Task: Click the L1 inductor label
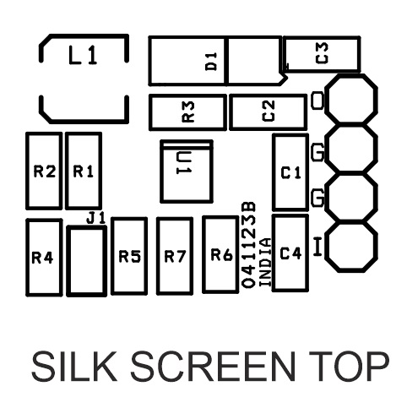(x=83, y=55)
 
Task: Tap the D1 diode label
(x=211, y=62)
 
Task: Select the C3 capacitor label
(x=322, y=53)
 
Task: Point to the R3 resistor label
(x=188, y=112)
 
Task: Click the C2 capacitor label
(x=269, y=111)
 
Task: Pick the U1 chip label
(x=184, y=163)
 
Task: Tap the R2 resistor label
(x=45, y=171)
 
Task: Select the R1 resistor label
(x=84, y=171)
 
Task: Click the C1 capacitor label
(x=291, y=172)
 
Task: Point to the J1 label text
(x=96, y=218)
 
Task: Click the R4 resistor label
(x=42, y=258)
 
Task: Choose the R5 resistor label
(x=129, y=256)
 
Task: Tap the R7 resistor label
(x=175, y=256)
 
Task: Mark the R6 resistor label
(x=222, y=255)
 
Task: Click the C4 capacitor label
(x=290, y=253)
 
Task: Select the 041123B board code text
(x=249, y=245)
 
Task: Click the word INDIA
(x=265, y=263)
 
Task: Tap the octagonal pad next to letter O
(x=351, y=99)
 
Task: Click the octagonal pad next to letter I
(x=351, y=247)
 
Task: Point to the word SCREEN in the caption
(x=213, y=367)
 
